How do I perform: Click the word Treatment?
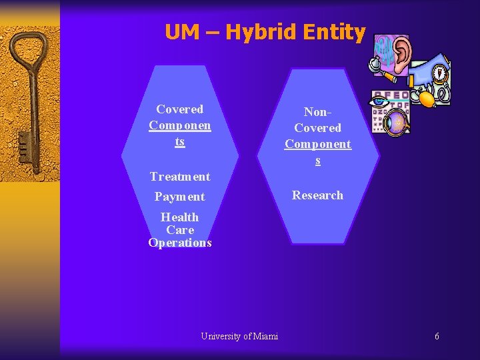click(179, 177)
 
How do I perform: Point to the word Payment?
click(179, 197)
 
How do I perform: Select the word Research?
click(317, 195)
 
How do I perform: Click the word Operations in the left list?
click(180, 243)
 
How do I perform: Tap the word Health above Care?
click(179, 217)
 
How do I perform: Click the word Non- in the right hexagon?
click(317, 113)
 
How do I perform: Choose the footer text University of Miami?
click(239, 336)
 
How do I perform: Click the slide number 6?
click(437, 336)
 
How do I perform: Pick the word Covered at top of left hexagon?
click(179, 109)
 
